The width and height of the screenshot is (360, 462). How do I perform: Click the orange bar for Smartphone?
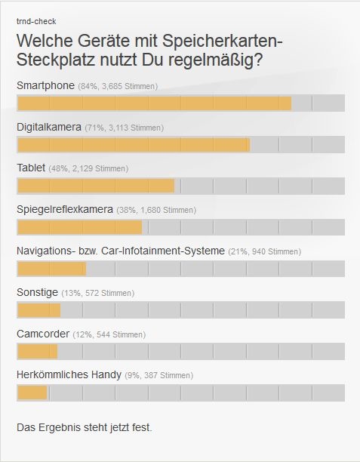tap(154, 103)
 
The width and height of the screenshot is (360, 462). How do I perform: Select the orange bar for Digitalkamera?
tap(133, 144)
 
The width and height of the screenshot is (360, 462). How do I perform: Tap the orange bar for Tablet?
tap(95, 186)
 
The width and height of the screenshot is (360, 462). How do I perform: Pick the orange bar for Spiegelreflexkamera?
tap(79, 227)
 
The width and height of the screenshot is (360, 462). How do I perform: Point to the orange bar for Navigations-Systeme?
tap(51, 269)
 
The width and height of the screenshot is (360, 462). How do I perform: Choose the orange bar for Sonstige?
tap(38, 310)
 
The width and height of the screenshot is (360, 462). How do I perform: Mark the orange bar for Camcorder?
tap(37, 351)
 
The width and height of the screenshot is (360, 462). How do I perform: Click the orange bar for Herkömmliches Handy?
tap(32, 393)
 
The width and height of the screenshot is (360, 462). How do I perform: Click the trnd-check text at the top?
tap(36, 21)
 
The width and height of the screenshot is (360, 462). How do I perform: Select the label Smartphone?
tap(45, 86)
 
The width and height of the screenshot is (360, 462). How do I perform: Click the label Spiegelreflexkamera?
tap(65, 209)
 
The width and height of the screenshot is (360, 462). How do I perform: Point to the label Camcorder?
tap(43, 334)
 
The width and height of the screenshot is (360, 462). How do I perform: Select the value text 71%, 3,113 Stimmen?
tap(124, 128)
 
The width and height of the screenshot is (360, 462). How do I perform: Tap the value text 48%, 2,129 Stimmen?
tap(88, 168)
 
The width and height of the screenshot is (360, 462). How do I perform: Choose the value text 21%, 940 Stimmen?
tap(264, 251)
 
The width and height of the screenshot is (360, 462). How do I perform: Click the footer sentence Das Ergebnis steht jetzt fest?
tap(85, 427)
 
